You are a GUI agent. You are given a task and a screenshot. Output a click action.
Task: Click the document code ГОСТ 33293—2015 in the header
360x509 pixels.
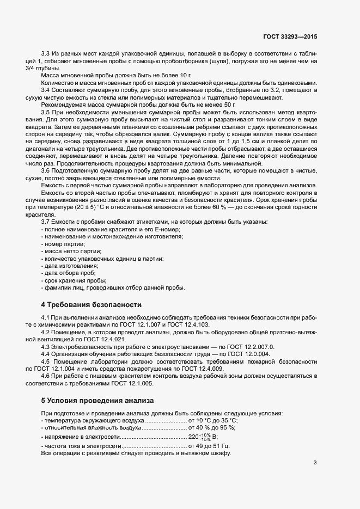[x=289, y=36]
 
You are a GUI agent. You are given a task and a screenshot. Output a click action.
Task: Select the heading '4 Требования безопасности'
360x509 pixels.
[x=91, y=304]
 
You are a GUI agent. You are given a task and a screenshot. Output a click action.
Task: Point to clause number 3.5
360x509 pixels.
[x=47, y=112]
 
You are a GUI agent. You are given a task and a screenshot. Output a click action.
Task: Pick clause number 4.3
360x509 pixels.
[x=47, y=346]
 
